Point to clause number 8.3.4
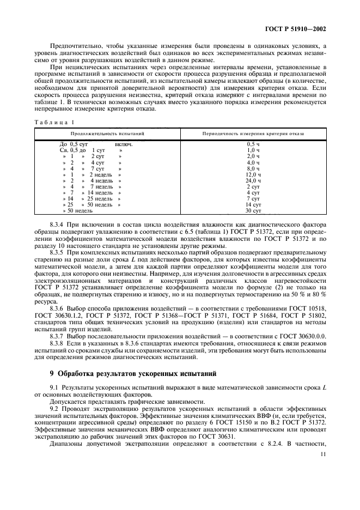tap(57, 224)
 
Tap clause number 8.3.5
tap(57, 253)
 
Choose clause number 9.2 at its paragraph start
tap(54, 409)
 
